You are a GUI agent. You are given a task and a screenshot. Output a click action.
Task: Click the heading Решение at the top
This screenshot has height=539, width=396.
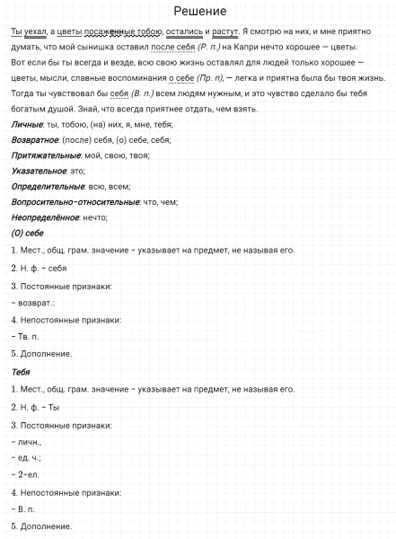click(198, 12)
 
